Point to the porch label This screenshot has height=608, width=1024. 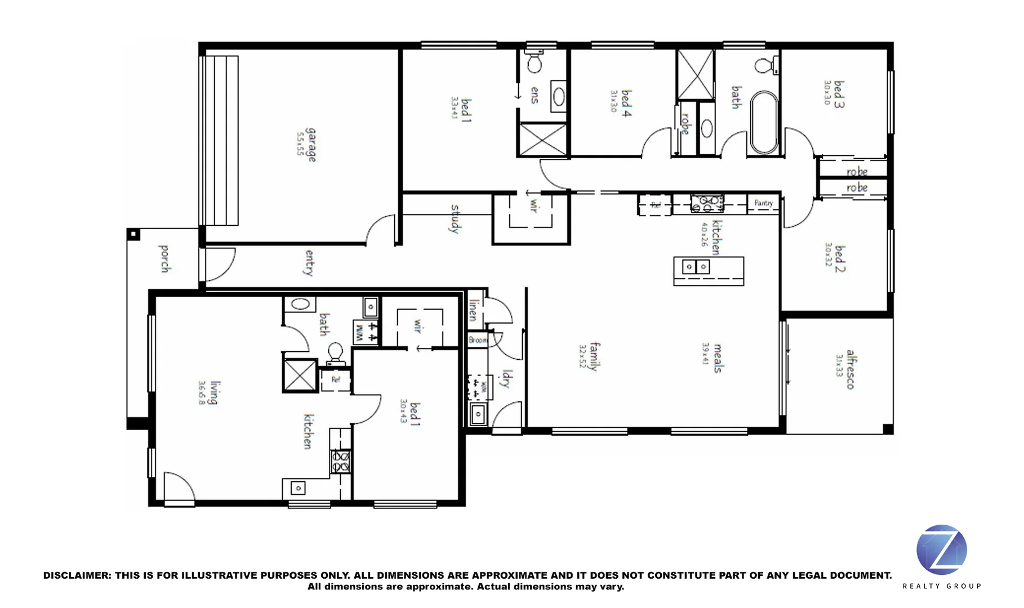click(x=164, y=258)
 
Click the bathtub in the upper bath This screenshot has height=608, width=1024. click(x=764, y=123)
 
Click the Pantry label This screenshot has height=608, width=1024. click(x=763, y=203)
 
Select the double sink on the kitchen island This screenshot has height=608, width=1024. click(x=696, y=267)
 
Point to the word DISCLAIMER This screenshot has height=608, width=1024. click(x=77, y=575)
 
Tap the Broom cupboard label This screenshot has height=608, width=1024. click(x=478, y=340)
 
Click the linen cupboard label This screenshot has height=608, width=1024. click(x=474, y=310)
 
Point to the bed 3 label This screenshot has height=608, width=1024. click(x=839, y=93)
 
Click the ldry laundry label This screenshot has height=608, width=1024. click(x=506, y=379)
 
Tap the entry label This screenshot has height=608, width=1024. click(x=309, y=263)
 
